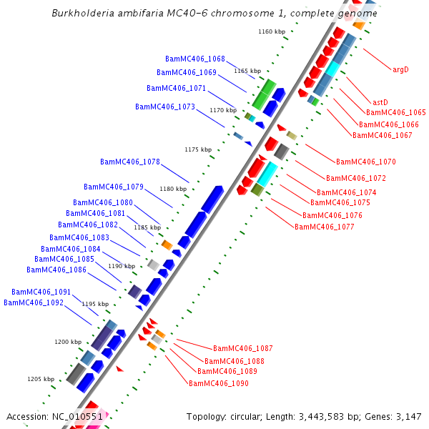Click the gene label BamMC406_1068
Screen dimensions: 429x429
(195, 59)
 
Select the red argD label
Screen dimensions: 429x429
(400, 69)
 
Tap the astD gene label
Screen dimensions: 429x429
(380, 102)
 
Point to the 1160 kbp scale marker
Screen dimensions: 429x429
(271, 31)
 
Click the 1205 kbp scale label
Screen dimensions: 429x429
(41, 379)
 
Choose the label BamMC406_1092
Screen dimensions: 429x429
(34, 302)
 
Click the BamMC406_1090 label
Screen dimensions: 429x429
(219, 383)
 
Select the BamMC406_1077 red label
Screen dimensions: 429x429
(325, 227)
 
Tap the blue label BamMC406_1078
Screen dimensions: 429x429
(130, 162)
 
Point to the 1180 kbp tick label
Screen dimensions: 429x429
(173, 189)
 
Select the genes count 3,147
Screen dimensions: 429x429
(408, 416)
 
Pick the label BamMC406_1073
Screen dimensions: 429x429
(165, 107)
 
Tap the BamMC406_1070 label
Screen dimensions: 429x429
(366, 162)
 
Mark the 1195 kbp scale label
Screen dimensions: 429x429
(95, 304)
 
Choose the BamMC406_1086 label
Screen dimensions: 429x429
(56, 270)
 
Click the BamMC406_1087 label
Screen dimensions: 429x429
(243, 348)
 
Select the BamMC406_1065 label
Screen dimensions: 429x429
(396, 112)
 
